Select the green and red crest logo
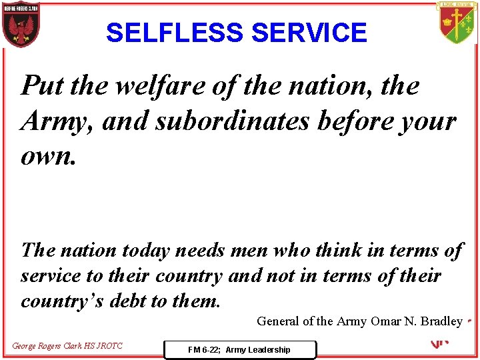(457, 23)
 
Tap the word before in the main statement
(360, 121)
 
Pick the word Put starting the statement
(43, 85)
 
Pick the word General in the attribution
(278, 321)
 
